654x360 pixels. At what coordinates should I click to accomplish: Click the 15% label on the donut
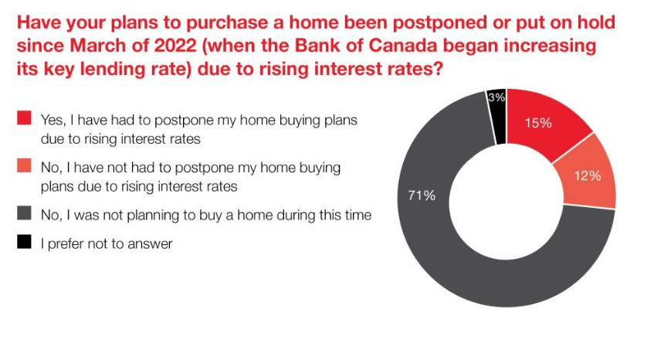(538, 123)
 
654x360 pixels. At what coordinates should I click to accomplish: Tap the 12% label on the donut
(588, 175)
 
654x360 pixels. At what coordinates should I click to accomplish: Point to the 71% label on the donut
(422, 195)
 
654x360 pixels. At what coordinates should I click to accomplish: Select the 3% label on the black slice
(496, 97)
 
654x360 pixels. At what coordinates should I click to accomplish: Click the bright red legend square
(24, 117)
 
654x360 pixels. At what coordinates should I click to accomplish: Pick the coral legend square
(24, 165)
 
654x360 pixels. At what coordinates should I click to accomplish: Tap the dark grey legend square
(24, 212)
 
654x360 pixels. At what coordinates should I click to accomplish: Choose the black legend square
(24, 242)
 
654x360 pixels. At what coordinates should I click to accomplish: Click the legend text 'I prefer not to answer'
(107, 244)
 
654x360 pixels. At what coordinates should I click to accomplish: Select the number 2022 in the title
(175, 45)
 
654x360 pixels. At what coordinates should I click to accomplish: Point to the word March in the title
(96, 45)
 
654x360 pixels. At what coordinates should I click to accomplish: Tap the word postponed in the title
(439, 22)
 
